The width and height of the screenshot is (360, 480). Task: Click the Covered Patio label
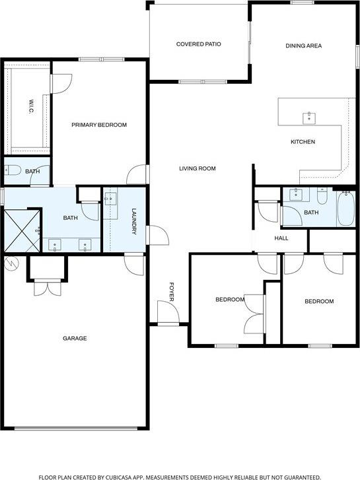point(198,44)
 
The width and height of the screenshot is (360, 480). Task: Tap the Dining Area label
point(303,46)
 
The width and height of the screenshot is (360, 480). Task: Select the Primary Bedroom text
point(99,125)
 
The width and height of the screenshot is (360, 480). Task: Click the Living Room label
point(198,168)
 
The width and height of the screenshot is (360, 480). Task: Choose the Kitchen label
point(303,142)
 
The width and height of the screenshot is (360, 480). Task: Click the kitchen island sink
point(308,118)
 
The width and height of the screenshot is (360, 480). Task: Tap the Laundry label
point(133,222)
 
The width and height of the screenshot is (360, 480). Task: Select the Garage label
point(75,338)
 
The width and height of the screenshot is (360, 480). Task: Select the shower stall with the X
point(22,229)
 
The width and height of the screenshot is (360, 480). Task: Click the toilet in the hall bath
point(322,196)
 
